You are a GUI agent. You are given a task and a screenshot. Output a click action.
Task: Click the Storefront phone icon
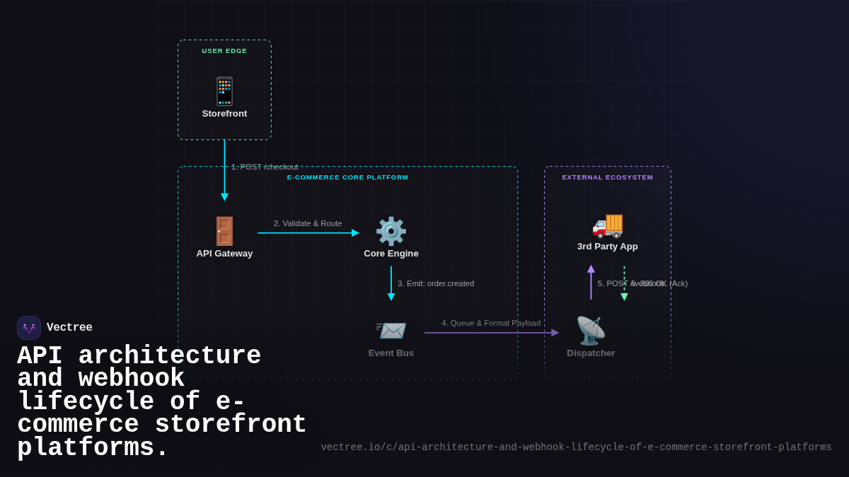point(224,91)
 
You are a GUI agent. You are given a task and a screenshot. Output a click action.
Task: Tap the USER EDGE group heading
point(224,51)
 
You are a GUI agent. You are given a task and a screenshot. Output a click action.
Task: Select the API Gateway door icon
point(224,231)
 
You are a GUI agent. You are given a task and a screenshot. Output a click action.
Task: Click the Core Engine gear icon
point(391,231)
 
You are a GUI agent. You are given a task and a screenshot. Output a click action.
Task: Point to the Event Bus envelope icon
point(391,331)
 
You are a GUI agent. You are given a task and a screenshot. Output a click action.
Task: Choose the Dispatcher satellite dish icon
point(591,331)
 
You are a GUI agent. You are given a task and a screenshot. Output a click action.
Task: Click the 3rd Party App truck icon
point(607,225)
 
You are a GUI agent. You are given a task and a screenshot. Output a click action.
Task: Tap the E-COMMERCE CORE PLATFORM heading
point(347,177)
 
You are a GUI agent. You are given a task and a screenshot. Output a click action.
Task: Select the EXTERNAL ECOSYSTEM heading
point(607,177)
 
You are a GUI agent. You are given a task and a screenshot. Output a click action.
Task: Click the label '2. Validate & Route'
point(308,223)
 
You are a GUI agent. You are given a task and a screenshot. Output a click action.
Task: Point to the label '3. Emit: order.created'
point(436,283)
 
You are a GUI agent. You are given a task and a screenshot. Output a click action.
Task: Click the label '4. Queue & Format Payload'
point(491,323)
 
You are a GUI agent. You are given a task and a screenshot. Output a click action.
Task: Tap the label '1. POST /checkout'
point(265,167)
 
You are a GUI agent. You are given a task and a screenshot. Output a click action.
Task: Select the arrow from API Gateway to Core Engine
point(308,233)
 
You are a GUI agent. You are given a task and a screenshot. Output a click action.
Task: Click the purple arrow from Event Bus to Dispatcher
point(491,333)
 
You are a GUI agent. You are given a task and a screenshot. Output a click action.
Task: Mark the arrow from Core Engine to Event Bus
point(391,283)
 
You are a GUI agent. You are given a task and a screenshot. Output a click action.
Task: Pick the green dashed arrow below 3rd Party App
point(624,283)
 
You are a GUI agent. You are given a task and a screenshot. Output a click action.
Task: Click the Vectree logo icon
point(29,328)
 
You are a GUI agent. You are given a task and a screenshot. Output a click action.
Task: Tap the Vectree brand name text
point(69,328)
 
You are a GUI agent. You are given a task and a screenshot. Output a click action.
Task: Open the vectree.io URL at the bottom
point(576,447)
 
